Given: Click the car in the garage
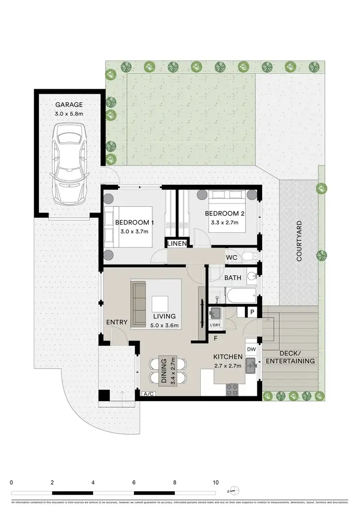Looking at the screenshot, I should click(x=68, y=163).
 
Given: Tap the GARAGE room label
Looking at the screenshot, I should click(x=69, y=105).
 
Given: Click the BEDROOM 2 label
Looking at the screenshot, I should click(x=225, y=213).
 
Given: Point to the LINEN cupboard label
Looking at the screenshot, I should click(x=177, y=244).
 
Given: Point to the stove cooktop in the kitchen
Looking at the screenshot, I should click(x=233, y=388).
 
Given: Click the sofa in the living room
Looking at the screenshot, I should click(x=139, y=303).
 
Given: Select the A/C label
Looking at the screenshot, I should click(x=149, y=394).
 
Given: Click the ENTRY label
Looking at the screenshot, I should click(x=117, y=322).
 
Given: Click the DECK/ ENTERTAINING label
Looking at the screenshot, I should click(x=290, y=356).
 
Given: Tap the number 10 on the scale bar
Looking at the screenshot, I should click(x=216, y=483).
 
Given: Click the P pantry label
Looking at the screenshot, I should click(x=252, y=312).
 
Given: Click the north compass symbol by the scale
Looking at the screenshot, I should click(x=233, y=490).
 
